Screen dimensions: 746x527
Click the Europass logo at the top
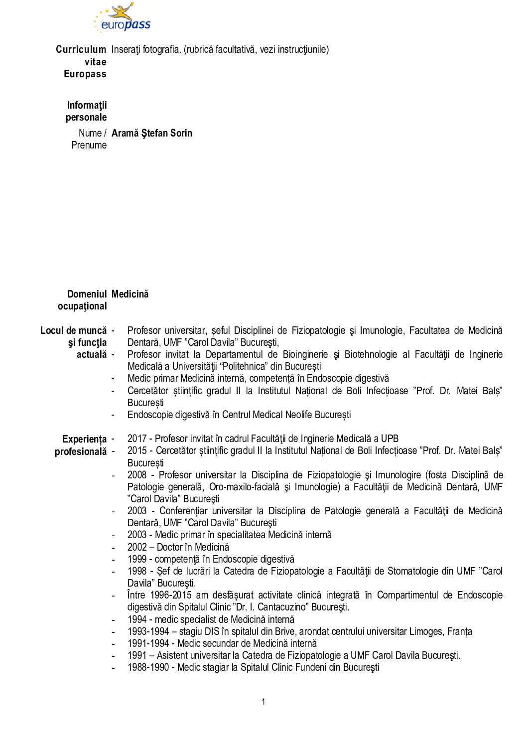123,18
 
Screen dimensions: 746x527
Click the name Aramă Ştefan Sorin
151,133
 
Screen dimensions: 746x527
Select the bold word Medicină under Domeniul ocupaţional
130,294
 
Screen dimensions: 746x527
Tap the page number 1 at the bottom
263,702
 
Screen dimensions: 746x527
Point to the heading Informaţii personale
86,111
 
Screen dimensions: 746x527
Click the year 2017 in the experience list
137,439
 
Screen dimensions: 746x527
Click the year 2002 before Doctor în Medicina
137,547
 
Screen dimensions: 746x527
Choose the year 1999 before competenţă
137,559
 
